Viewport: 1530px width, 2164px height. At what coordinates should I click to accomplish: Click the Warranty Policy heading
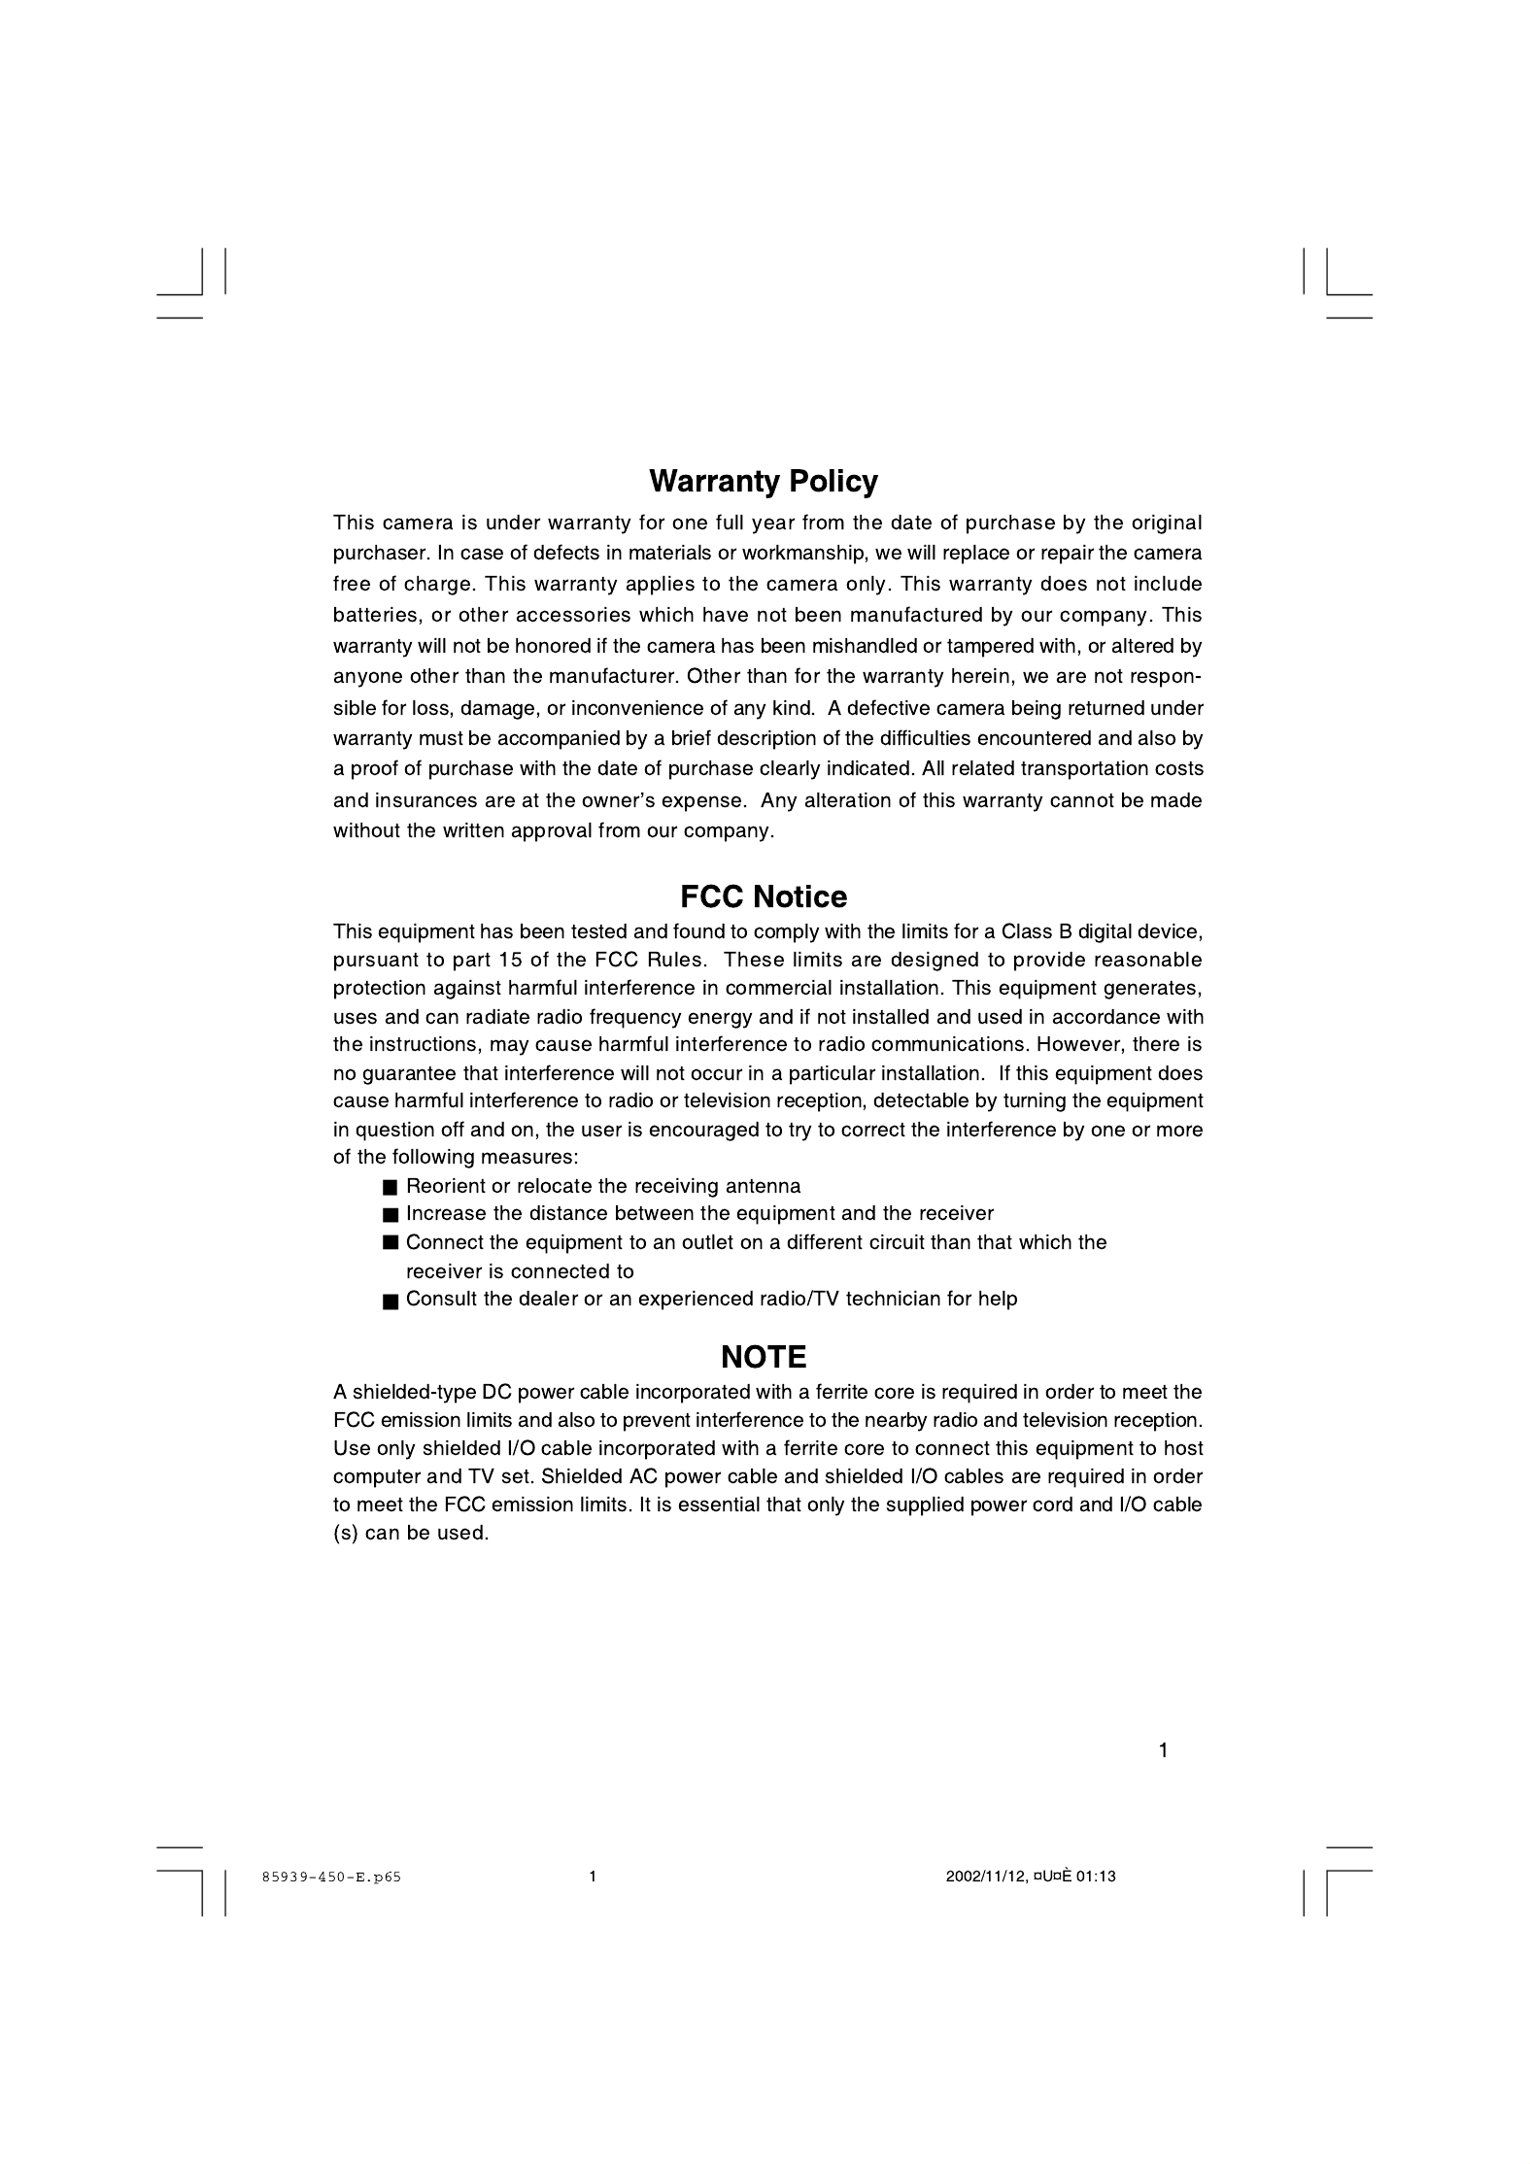(x=763, y=482)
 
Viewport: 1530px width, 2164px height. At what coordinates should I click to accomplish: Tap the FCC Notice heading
(x=763, y=896)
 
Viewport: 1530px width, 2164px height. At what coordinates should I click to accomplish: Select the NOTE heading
(x=764, y=1357)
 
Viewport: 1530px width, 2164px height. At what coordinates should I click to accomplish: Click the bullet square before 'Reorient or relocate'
(x=391, y=1188)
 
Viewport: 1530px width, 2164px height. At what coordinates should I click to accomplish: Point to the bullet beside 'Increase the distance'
(x=391, y=1215)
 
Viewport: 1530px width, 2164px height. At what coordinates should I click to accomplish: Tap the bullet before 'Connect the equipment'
(x=391, y=1243)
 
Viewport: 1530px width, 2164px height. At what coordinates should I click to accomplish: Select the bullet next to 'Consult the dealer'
(x=391, y=1302)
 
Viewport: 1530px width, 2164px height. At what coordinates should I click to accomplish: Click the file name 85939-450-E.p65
(x=331, y=1877)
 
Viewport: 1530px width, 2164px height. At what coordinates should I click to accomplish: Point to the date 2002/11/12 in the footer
(x=985, y=1877)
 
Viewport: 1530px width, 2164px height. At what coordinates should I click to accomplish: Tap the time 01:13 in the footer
(x=1096, y=1877)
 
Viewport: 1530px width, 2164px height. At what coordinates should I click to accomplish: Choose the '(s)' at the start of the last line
(x=345, y=1534)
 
